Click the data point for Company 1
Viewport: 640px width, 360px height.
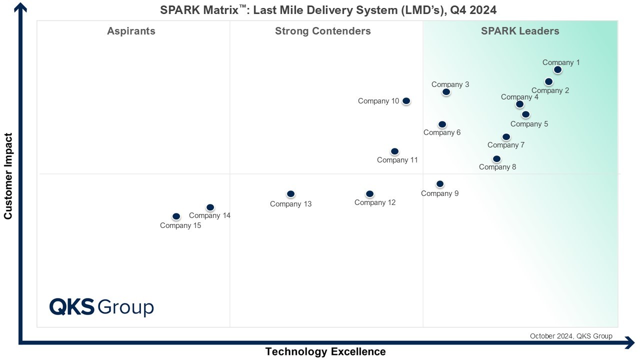(557, 70)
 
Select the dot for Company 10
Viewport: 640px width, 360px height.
(406, 101)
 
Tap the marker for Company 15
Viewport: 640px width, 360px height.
(176, 216)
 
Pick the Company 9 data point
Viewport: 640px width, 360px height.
(440, 184)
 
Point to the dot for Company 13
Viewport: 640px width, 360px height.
(290, 194)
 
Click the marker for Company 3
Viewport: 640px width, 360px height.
(446, 92)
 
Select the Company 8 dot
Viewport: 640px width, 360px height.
(496, 159)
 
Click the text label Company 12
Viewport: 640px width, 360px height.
(375, 202)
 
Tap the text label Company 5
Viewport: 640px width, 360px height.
(529, 124)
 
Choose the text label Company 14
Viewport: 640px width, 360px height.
(209, 216)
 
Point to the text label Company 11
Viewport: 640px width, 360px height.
(397, 160)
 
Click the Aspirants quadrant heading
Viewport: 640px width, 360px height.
(131, 31)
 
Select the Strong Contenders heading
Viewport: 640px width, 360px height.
(322, 31)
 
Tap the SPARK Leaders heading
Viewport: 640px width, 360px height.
(520, 31)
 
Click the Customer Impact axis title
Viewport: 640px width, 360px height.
(8, 176)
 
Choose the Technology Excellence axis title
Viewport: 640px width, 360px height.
(325, 351)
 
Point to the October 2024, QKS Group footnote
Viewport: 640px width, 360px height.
(570, 336)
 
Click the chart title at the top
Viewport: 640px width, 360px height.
(328, 10)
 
